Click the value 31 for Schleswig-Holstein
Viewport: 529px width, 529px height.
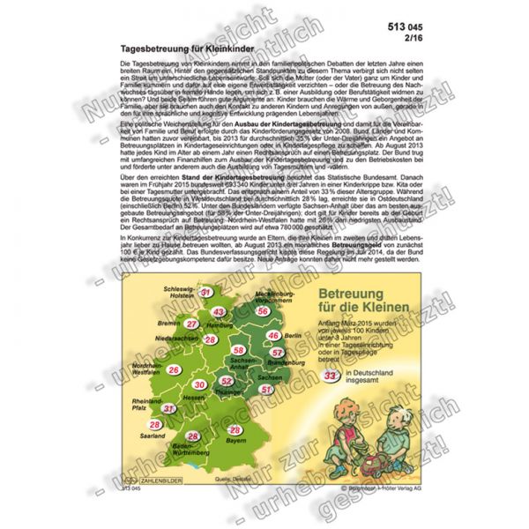point(205,292)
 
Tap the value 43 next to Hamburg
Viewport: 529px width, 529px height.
point(218,313)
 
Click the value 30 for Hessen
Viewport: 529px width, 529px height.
point(200,385)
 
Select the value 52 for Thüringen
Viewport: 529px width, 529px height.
point(227,381)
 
